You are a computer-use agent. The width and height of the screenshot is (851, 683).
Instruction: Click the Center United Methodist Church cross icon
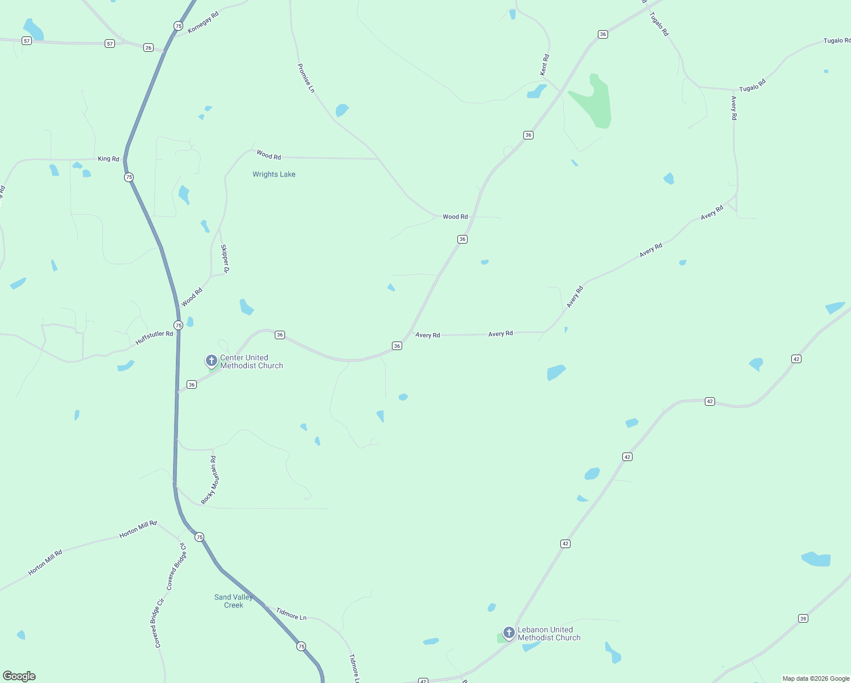click(x=211, y=360)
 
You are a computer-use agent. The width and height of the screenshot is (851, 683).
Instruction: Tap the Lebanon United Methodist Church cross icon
click(x=509, y=632)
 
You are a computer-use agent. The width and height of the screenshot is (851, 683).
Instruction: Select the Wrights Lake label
click(x=274, y=174)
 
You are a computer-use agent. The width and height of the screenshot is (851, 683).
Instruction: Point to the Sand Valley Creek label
click(x=233, y=601)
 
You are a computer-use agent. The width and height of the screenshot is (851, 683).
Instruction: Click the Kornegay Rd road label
click(x=203, y=22)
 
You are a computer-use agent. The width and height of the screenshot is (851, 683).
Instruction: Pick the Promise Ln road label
click(x=305, y=78)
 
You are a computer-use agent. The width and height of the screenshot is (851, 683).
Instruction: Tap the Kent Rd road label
click(x=544, y=65)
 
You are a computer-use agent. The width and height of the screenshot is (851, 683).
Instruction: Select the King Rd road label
click(x=109, y=159)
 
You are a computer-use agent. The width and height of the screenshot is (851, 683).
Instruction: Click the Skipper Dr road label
click(x=224, y=258)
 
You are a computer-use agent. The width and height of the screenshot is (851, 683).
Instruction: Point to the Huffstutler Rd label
click(x=154, y=338)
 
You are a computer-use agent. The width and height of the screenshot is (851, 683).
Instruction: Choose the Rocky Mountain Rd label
click(x=210, y=480)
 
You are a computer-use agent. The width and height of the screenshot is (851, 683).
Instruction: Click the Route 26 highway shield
click(x=148, y=48)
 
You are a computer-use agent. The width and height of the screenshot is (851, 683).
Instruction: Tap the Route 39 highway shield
click(x=803, y=619)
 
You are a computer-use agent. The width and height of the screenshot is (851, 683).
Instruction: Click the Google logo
click(x=19, y=676)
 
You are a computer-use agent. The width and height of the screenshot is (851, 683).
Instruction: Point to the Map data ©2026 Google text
click(x=816, y=678)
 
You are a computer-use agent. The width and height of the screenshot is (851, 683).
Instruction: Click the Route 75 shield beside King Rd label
click(x=129, y=177)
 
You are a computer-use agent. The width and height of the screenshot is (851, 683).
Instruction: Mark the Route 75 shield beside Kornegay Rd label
click(x=179, y=26)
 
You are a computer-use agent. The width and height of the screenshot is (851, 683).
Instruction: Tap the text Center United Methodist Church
click(x=251, y=362)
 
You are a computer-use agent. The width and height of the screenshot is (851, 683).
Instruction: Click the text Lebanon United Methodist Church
click(x=549, y=633)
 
